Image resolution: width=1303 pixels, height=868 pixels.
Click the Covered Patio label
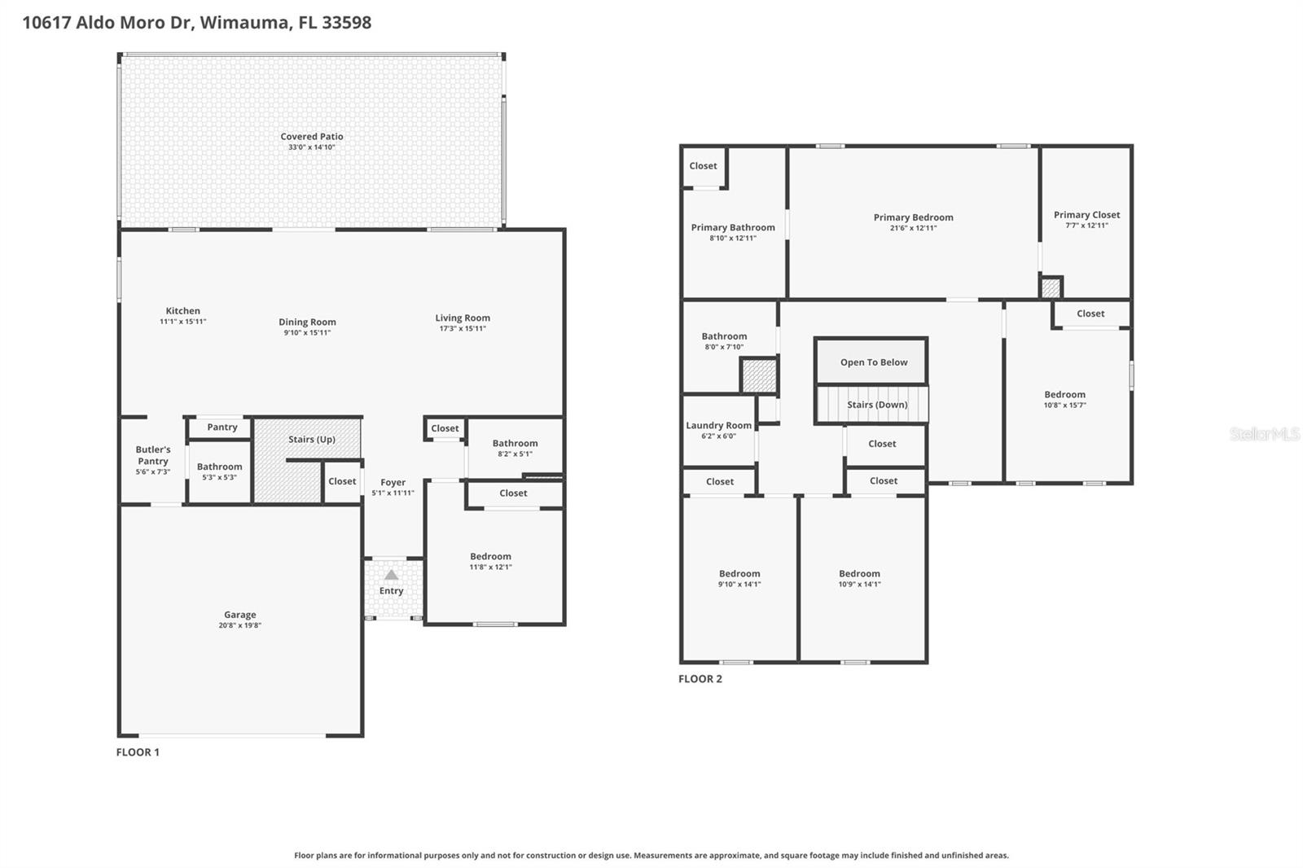(x=312, y=137)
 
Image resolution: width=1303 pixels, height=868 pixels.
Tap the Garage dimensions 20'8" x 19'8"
(x=239, y=625)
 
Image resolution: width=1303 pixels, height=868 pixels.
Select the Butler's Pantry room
(x=152, y=460)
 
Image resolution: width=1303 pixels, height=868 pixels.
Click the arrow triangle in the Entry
(x=392, y=575)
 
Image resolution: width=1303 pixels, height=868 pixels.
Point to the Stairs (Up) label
(x=311, y=440)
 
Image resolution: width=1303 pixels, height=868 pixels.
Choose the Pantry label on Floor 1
(x=222, y=427)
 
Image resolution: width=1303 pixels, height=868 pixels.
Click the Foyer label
(x=393, y=482)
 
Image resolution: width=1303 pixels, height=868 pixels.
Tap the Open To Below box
(x=873, y=362)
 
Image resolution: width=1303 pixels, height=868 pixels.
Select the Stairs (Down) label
(x=876, y=405)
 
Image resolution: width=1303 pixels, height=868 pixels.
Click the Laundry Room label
(x=718, y=426)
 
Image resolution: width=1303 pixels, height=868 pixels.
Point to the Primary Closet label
(x=1086, y=215)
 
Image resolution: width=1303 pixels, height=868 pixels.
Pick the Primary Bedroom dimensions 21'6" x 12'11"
(x=913, y=228)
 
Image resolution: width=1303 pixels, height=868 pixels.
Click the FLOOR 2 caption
(x=700, y=679)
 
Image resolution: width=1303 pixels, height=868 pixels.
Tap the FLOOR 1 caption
(x=138, y=752)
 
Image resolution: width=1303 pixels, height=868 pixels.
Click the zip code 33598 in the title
(x=346, y=22)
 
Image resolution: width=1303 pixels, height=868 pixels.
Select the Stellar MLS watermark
(x=1263, y=434)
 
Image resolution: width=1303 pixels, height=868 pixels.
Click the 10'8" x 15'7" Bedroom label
(x=1064, y=395)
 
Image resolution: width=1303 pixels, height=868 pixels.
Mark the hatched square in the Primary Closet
(x=1051, y=287)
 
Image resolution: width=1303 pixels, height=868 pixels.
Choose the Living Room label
(x=462, y=318)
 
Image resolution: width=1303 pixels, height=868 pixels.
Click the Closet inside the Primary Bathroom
(x=703, y=166)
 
